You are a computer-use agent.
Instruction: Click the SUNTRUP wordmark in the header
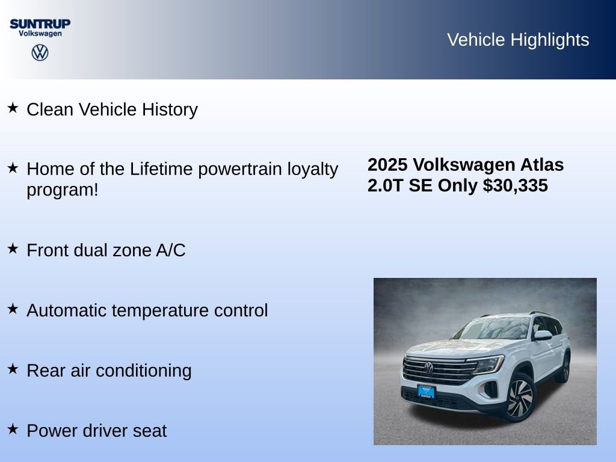point(40,23)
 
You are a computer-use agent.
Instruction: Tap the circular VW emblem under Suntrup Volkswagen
point(40,52)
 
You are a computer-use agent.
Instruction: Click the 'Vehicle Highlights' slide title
point(518,40)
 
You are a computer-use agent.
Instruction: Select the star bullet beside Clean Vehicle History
point(13,108)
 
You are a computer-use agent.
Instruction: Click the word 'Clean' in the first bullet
point(51,109)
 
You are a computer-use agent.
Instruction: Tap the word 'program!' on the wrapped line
point(63,190)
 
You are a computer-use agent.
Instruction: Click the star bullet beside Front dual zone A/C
point(13,248)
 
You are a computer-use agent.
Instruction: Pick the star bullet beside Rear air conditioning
point(13,369)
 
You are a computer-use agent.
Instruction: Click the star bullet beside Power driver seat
point(13,429)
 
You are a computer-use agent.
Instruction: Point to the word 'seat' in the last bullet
point(151,431)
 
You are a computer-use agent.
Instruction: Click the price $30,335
point(516,186)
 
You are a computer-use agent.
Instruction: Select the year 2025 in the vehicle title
point(388,165)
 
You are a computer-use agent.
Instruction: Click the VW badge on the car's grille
point(428,368)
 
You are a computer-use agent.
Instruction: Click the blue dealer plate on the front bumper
point(426,391)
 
